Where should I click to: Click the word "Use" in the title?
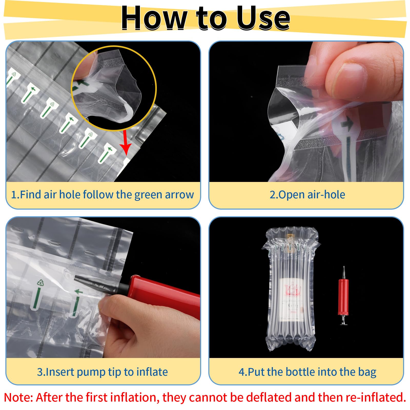[x=263, y=18]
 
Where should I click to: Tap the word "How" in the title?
[x=154, y=18]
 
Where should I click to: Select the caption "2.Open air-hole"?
[x=307, y=194]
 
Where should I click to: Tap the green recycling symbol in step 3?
[x=40, y=283]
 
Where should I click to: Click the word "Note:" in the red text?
[x=18, y=397]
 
